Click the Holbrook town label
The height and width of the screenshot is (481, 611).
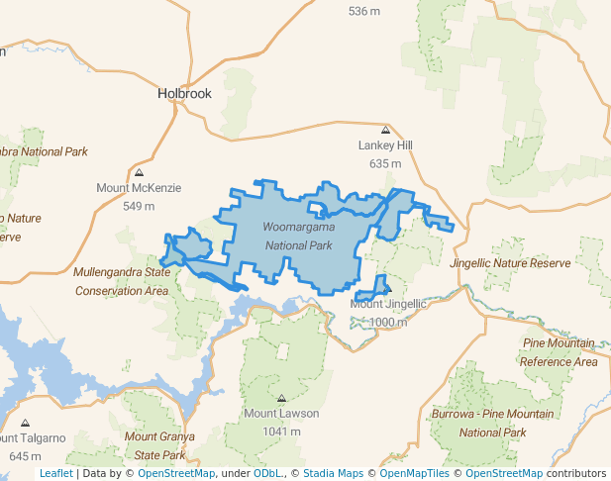(x=185, y=94)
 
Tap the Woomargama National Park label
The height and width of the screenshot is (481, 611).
(x=299, y=236)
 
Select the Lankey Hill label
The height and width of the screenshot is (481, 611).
(x=384, y=145)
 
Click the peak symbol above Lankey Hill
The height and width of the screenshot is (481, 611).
(x=385, y=130)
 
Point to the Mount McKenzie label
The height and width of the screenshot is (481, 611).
(x=139, y=188)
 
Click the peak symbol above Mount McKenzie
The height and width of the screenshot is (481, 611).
(x=139, y=172)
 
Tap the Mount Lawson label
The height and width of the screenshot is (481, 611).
(x=281, y=413)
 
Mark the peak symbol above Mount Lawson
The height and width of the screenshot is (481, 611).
(x=281, y=397)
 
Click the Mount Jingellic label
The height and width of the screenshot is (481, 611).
(x=388, y=304)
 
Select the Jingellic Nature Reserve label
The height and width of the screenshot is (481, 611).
(x=510, y=263)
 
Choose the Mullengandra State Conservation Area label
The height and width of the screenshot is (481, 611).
(x=122, y=281)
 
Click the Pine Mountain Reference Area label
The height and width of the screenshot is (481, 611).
(x=560, y=352)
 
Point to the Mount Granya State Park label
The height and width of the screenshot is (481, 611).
(x=159, y=445)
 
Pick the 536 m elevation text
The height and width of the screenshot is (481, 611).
(x=364, y=11)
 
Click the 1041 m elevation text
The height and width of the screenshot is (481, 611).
(x=281, y=431)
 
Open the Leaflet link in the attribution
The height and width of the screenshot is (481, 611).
(x=55, y=473)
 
